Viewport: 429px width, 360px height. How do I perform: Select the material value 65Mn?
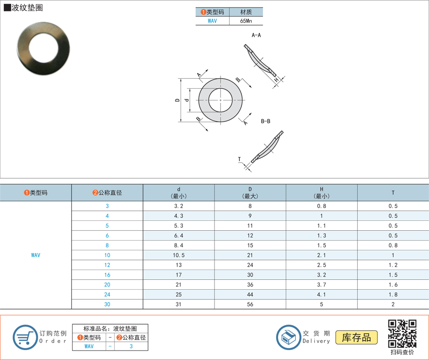pyautogui.click(x=246, y=21)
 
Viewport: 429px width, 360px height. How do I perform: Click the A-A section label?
pyautogui.click(x=256, y=35)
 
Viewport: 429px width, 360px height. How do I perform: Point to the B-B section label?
pyautogui.click(x=265, y=121)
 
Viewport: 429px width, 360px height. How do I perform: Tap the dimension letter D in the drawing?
pyautogui.click(x=177, y=100)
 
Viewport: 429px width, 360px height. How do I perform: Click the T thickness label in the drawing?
pyautogui.click(x=239, y=159)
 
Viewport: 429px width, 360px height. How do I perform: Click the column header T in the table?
pyautogui.click(x=393, y=193)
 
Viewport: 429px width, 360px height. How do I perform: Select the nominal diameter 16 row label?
pyautogui.click(x=107, y=275)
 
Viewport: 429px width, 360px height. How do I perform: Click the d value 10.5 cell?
pyautogui.click(x=179, y=255)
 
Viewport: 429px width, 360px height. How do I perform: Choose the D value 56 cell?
pyautogui.click(x=250, y=304)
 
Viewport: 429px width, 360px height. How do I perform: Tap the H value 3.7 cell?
pyautogui.click(x=322, y=285)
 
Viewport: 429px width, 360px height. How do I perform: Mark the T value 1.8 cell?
pyautogui.click(x=393, y=294)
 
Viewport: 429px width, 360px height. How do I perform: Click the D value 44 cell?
pyautogui.click(x=250, y=294)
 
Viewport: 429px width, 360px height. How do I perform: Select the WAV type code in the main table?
pyautogui.click(x=36, y=255)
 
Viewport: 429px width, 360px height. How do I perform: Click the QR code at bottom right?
pyautogui.click(x=402, y=334)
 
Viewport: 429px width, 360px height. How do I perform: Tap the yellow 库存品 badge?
pyautogui.click(x=356, y=337)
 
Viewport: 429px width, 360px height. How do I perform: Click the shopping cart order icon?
pyautogui.click(x=25, y=337)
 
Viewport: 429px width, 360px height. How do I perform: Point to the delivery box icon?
pyautogui.click(x=288, y=337)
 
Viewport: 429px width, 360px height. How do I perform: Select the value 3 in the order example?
pyautogui.click(x=131, y=346)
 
